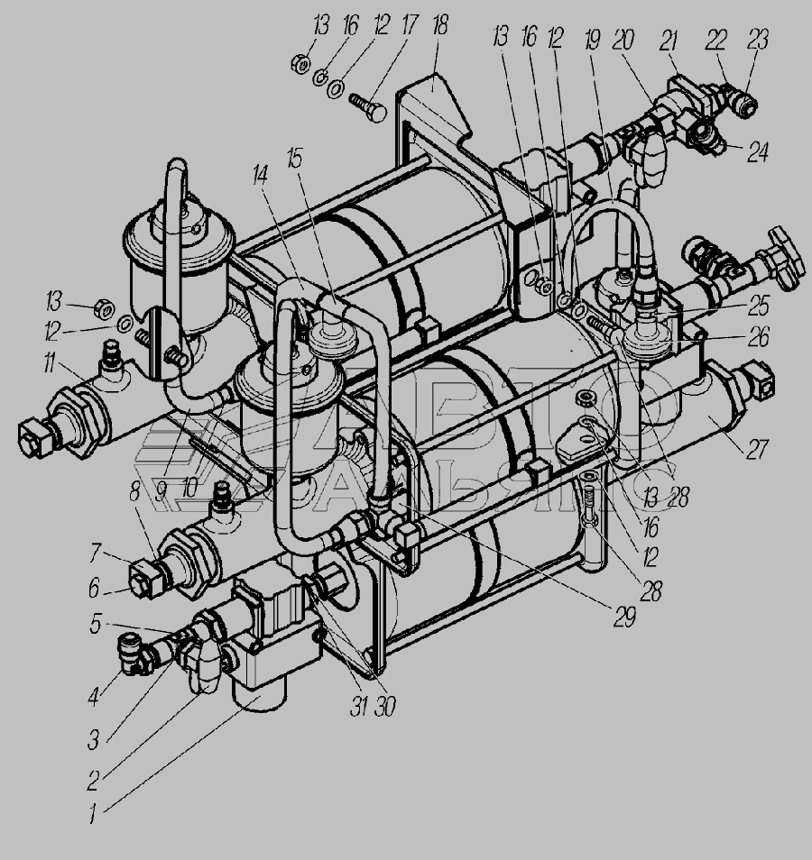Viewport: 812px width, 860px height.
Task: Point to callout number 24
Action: point(758,151)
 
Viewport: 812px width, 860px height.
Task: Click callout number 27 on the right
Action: point(757,449)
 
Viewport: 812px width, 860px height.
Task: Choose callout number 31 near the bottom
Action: point(358,707)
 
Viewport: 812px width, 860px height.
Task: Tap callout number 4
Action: point(94,696)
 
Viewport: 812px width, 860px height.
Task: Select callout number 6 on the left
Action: point(94,589)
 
